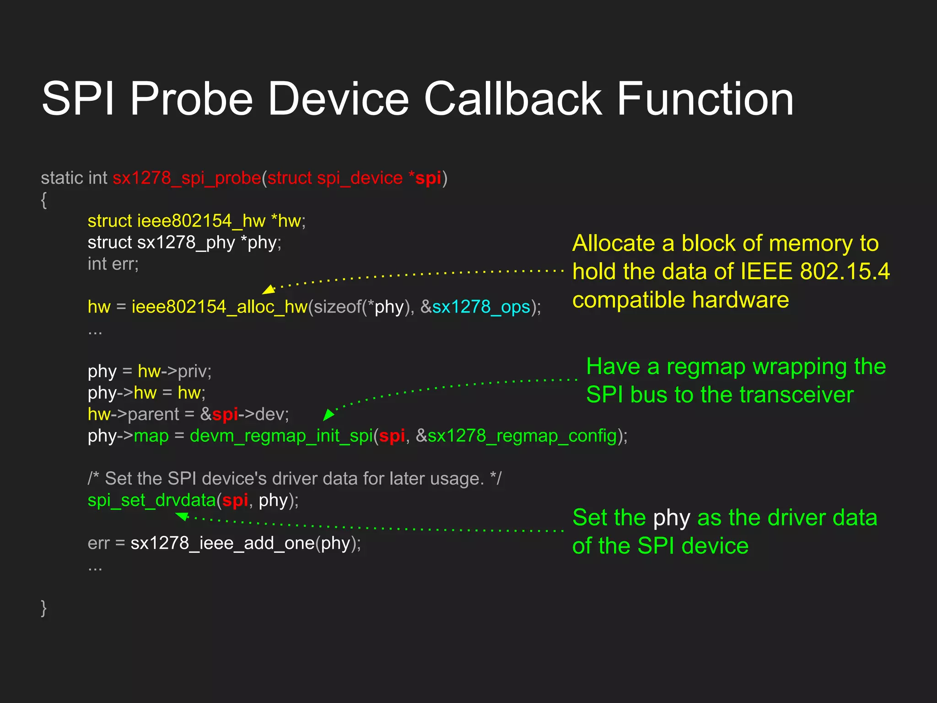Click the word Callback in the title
[x=512, y=99]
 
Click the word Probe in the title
[x=191, y=99]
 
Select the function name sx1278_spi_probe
[x=187, y=178]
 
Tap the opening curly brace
[x=44, y=200]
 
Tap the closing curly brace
[x=44, y=608]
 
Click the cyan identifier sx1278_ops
[x=481, y=307]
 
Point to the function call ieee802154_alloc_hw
[x=220, y=307]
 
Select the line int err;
[x=113, y=264]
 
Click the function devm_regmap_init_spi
[x=281, y=436]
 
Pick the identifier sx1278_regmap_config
[x=522, y=436]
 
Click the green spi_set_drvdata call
[x=151, y=500]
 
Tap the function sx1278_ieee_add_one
[x=222, y=543]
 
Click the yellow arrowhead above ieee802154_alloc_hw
[x=269, y=289]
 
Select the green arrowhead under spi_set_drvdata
[x=183, y=516]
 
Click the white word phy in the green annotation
[x=671, y=518]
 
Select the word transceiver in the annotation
[x=796, y=395]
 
